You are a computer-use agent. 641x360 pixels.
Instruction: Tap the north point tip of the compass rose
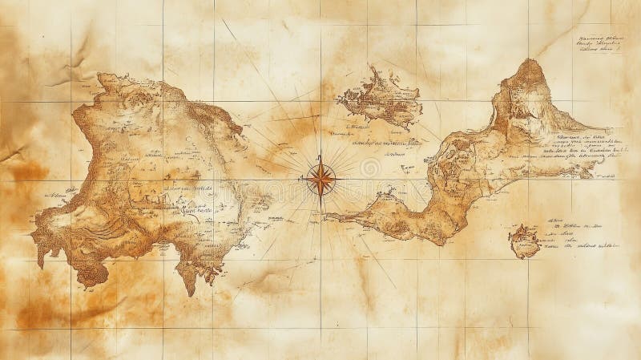320,154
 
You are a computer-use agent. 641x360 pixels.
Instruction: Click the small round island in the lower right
525,240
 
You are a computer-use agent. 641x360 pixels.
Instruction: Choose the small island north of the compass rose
381,99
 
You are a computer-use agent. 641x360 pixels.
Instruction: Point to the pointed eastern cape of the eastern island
613,129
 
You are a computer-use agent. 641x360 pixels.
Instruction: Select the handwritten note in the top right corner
602,43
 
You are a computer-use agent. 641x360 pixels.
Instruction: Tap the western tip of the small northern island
339,100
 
